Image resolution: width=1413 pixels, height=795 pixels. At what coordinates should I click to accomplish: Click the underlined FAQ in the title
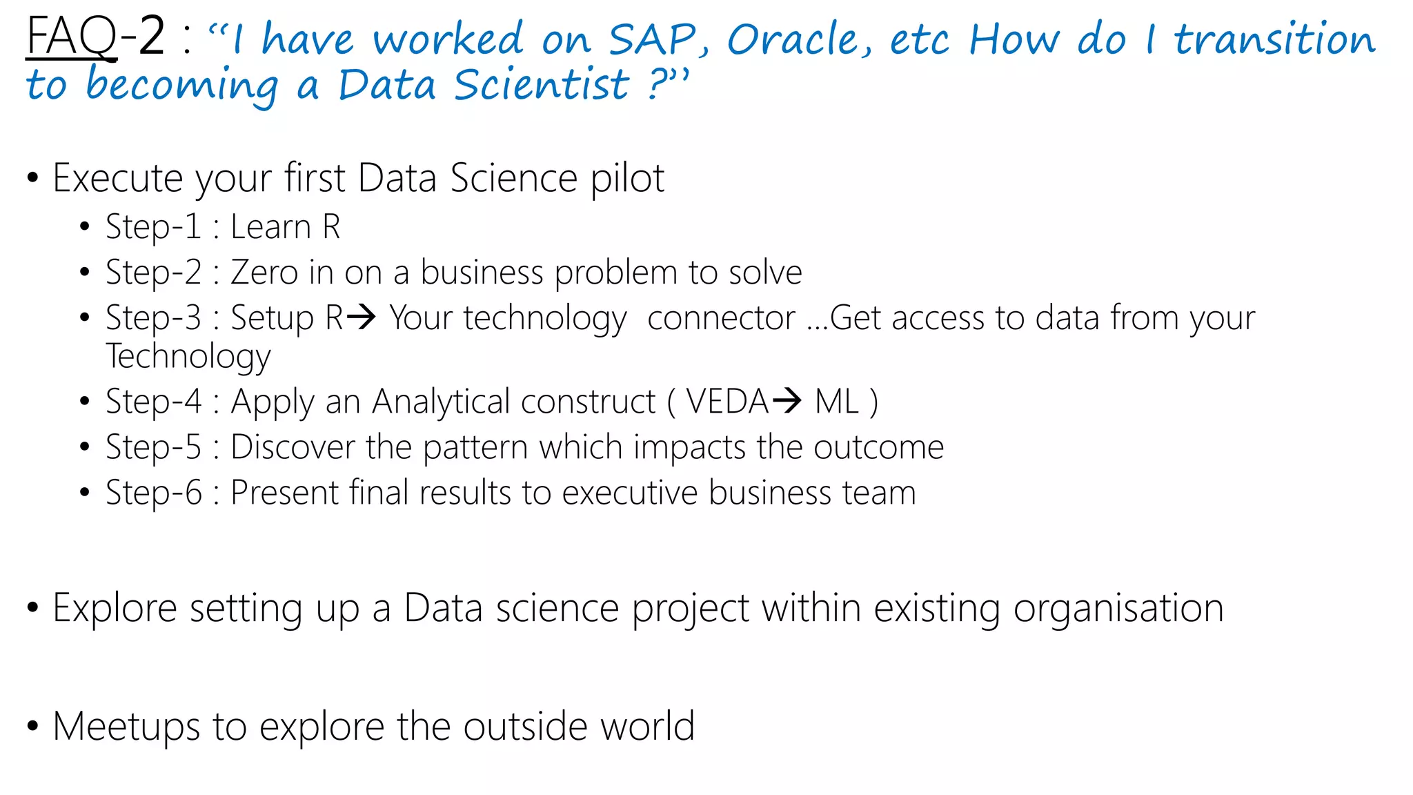pos(71,37)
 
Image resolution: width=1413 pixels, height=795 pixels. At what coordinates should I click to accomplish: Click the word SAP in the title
pos(652,39)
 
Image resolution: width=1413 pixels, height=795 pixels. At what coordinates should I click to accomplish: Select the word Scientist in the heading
pos(542,86)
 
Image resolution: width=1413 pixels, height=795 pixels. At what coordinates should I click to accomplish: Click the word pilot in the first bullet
pos(627,179)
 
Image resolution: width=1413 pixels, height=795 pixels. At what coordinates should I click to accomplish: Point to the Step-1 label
pos(153,227)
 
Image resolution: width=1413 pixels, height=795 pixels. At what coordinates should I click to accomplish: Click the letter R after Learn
pos(331,227)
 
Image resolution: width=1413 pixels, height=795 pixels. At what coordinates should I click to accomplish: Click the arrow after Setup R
pos(362,317)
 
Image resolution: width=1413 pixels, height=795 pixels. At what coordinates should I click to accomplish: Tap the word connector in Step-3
pos(721,318)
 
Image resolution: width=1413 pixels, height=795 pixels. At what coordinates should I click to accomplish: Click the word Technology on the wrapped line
pos(188,357)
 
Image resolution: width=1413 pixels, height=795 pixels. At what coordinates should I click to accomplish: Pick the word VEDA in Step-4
pos(727,402)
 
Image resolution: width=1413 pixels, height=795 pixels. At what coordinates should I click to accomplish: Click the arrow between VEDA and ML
pos(787,400)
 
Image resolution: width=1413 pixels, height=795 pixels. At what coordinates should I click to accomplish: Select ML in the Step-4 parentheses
pos(836,402)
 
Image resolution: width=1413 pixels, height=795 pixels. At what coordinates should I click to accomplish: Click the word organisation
pos(1118,609)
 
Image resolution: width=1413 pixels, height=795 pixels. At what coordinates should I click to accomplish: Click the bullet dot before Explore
pos(32,608)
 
